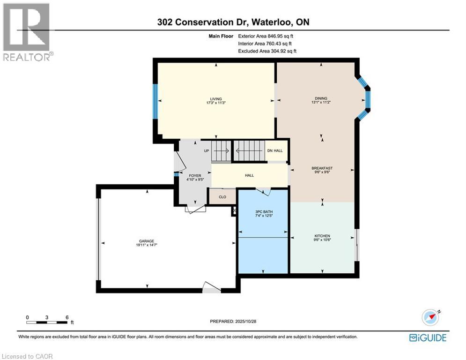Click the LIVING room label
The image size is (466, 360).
pyautogui.click(x=215, y=99)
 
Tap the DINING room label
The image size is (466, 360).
pyautogui.click(x=321, y=98)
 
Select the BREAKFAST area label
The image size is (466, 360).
pyautogui.click(x=322, y=168)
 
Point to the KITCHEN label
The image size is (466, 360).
pyautogui.click(x=322, y=236)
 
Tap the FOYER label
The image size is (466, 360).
pyautogui.click(x=195, y=176)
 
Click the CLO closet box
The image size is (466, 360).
pyautogui.click(x=222, y=197)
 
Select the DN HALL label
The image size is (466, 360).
pyautogui.click(x=275, y=150)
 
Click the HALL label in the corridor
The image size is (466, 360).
pyautogui.click(x=249, y=175)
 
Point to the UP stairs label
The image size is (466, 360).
pyautogui.click(x=206, y=151)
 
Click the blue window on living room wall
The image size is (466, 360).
pyautogui.click(x=155, y=101)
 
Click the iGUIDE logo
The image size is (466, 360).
pyautogui.click(x=428, y=337)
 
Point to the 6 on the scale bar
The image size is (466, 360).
pyautogui.click(x=67, y=317)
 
